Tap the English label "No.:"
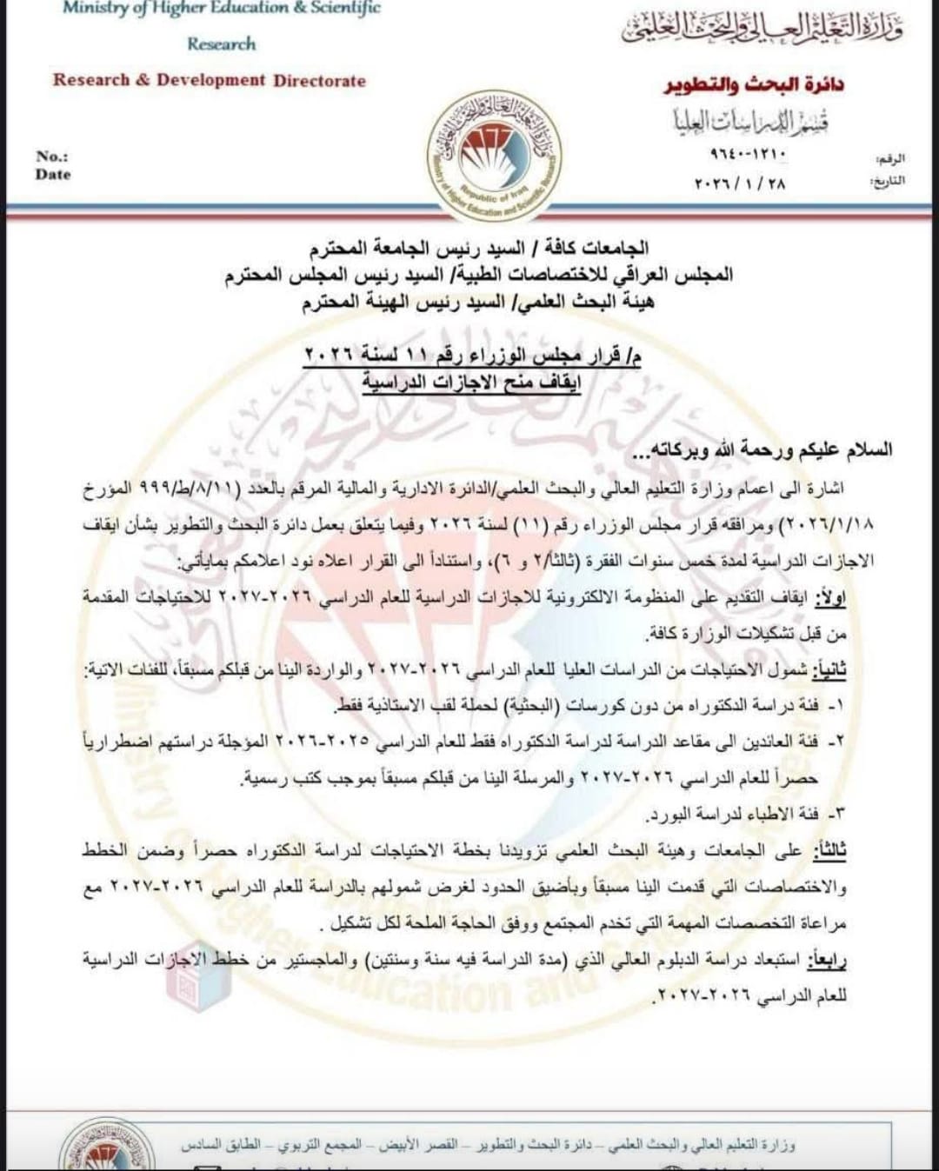click(x=52, y=156)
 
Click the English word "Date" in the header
click(x=53, y=175)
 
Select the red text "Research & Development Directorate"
click(x=210, y=81)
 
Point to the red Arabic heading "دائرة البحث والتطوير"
click(x=754, y=85)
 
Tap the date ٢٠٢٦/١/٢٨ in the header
click(x=741, y=183)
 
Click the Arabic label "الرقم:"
click(x=890, y=159)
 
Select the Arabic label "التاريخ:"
click(x=887, y=182)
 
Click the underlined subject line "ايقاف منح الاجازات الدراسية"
click(x=471, y=383)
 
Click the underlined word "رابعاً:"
click(x=827, y=960)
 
